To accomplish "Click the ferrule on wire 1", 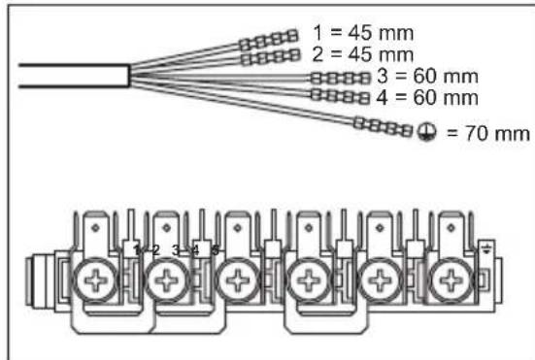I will click(268, 40).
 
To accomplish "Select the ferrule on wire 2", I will click(268, 59).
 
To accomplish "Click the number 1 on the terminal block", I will click(138, 249).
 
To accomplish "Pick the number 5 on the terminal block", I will click(216, 249).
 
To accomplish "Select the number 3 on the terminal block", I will click(177, 249).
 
